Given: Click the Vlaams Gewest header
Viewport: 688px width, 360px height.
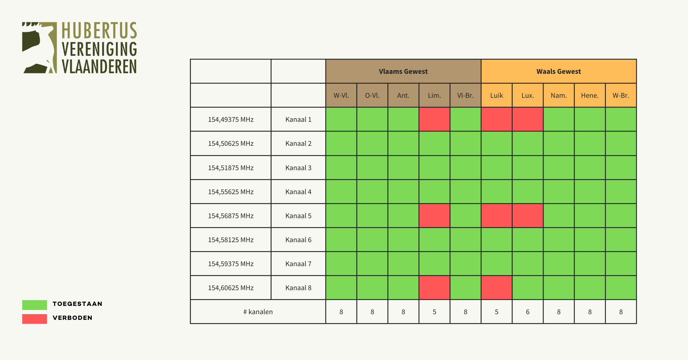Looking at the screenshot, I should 403,71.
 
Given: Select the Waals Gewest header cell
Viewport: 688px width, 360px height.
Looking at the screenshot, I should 558,71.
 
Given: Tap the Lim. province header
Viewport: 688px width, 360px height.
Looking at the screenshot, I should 434,95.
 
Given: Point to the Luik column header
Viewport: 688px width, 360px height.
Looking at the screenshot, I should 496,95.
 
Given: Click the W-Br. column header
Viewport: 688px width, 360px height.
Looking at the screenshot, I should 621,95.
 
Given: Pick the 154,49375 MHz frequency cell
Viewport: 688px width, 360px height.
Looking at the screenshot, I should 231,119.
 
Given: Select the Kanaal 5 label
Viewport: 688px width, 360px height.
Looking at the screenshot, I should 298,216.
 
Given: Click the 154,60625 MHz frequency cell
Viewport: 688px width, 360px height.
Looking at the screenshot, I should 231,288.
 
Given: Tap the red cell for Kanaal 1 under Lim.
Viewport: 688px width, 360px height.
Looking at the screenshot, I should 434,119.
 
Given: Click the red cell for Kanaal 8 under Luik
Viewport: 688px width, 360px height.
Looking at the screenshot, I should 496,288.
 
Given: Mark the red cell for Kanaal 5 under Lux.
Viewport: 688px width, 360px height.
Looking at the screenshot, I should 527,216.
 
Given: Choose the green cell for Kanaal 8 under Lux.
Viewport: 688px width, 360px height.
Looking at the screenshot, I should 527,288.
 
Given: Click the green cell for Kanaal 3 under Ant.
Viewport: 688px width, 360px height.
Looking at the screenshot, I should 403,168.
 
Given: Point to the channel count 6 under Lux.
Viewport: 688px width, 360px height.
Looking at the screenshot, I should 527,312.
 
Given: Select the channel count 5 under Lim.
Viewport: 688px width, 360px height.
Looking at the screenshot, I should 434,312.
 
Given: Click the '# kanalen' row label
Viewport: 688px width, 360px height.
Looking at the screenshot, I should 258,312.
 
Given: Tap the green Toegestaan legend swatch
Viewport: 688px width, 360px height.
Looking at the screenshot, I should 34,305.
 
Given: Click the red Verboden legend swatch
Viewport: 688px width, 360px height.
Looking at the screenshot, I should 34,319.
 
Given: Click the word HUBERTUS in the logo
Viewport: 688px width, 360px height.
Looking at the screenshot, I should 99,30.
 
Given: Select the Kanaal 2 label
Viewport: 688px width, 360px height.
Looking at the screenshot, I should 298,143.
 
